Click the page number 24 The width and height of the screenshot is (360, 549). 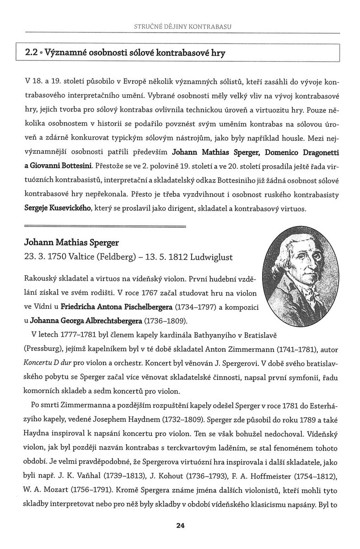pos(180,526)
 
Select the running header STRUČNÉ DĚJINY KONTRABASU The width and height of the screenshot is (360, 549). pos(180,26)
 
